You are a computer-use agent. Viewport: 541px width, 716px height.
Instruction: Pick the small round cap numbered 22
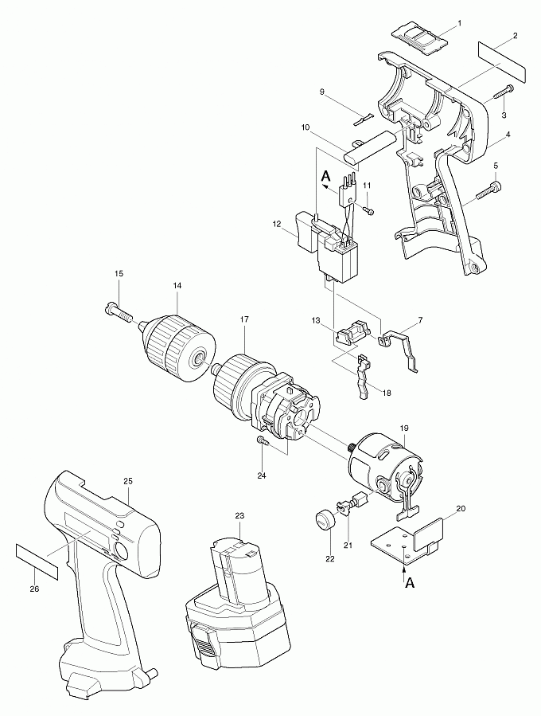[323, 520]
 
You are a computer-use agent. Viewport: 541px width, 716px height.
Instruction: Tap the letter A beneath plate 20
[409, 582]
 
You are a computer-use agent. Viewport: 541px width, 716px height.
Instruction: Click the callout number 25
[127, 481]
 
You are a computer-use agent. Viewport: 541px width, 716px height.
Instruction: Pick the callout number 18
[387, 393]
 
